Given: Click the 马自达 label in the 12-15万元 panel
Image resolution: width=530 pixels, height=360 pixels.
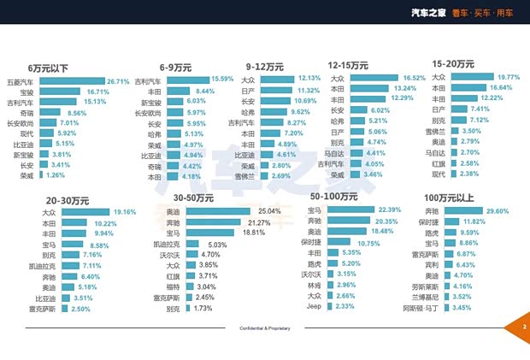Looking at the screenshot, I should (335, 153).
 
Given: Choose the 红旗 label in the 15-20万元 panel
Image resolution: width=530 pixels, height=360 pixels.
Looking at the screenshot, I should (438, 162).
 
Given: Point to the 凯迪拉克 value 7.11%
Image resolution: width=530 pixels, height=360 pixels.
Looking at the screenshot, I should (91, 266).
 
